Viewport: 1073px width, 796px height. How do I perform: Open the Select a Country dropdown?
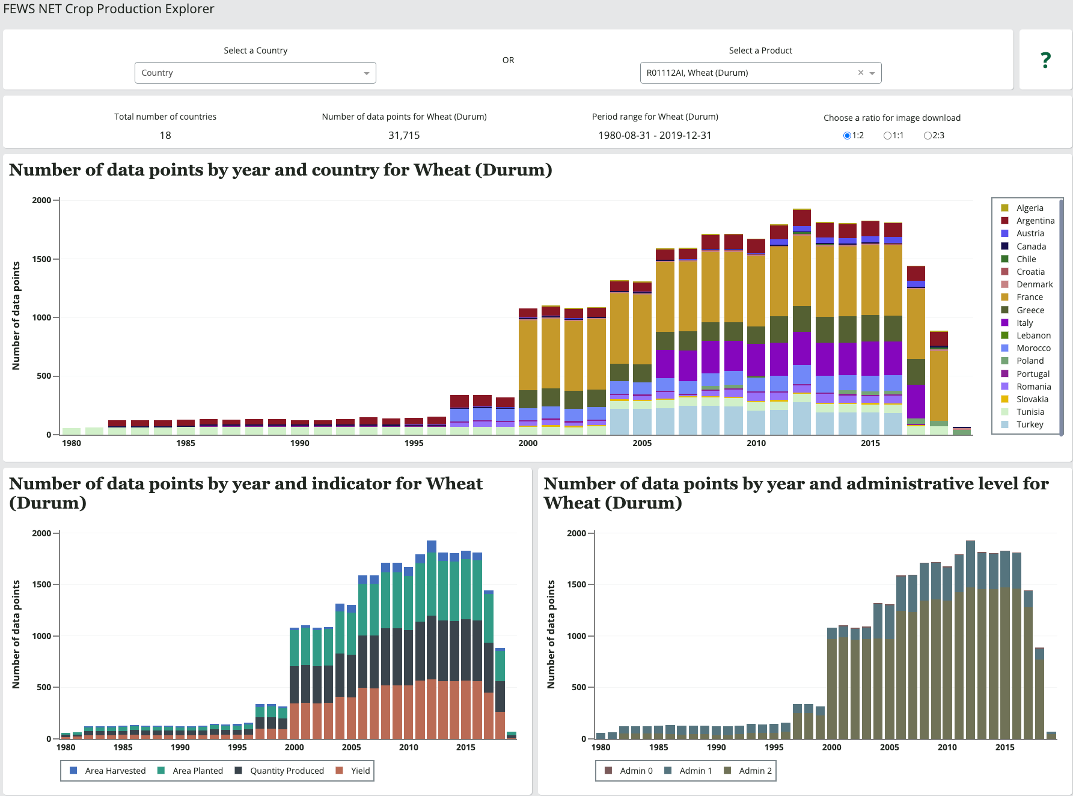pos(255,73)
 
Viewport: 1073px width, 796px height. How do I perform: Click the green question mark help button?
pos(1045,60)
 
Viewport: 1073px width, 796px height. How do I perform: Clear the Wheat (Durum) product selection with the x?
pos(861,73)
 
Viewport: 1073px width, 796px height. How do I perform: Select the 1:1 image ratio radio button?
pos(887,136)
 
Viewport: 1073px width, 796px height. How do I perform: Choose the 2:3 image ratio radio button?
pos(928,136)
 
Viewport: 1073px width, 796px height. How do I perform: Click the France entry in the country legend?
pos(1029,297)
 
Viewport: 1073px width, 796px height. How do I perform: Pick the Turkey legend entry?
pos(1029,424)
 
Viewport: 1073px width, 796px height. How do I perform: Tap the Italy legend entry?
pos(1024,323)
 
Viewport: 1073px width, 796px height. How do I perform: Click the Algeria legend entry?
pos(1029,208)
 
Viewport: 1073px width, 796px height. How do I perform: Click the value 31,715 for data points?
pos(404,135)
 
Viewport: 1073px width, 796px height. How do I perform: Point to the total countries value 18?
pos(165,135)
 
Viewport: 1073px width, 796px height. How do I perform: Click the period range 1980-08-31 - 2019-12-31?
pos(655,135)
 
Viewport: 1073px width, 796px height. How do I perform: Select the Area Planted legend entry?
pos(197,771)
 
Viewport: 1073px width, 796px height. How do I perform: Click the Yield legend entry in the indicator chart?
pos(360,771)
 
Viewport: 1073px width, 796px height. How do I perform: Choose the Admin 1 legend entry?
pos(695,771)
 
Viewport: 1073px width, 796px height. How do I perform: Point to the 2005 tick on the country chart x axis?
pos(642,443)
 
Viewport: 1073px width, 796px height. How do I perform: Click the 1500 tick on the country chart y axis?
pos(41,259)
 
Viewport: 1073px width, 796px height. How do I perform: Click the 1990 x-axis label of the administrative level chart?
pos(716,747)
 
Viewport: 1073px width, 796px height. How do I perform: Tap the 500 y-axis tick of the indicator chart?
pos(44,687)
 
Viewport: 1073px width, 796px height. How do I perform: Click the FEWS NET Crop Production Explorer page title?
pos(109,9)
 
